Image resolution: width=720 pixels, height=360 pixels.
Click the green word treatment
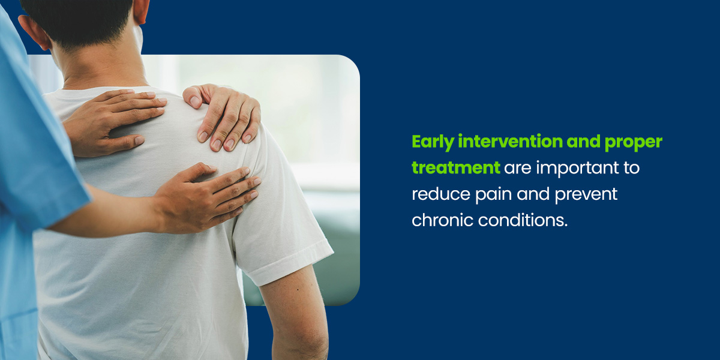pyautogui.click(x=455, y=168)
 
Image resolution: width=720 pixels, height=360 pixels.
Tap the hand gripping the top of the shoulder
pyautogui.click(x=225, y=114)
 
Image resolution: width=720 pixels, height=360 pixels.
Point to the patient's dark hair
pyautogui.click(x=84, y=18)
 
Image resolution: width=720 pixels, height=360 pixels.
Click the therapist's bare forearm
pyautogui.click(x=108, y=216)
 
